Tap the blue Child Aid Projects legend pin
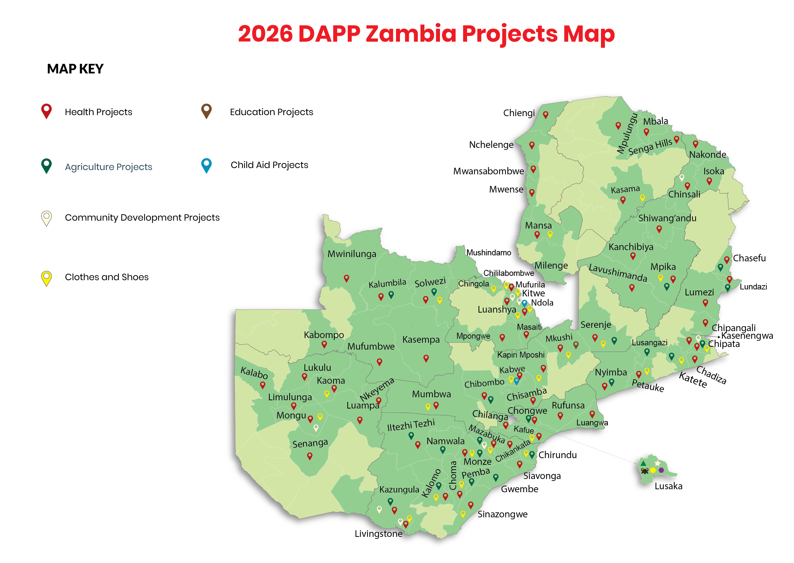click(207, 165)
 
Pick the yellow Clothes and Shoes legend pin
click(46, 277)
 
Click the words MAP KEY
click(75, 69)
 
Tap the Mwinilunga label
click(352, 254)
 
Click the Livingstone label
click(378, 534)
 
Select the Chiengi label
click(519, 113)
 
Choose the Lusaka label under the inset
click(668, 486)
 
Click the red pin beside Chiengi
click(546, 114)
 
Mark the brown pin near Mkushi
click(576, 344)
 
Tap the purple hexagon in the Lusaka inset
click(661, 470)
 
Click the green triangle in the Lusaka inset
click(643, 463)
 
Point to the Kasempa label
click(421, 340)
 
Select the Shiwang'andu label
click(667, 218)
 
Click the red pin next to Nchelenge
click(532, 145)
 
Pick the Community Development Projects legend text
click(142, 218)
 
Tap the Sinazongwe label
click(502, 514)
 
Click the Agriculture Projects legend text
click(108, 167)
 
